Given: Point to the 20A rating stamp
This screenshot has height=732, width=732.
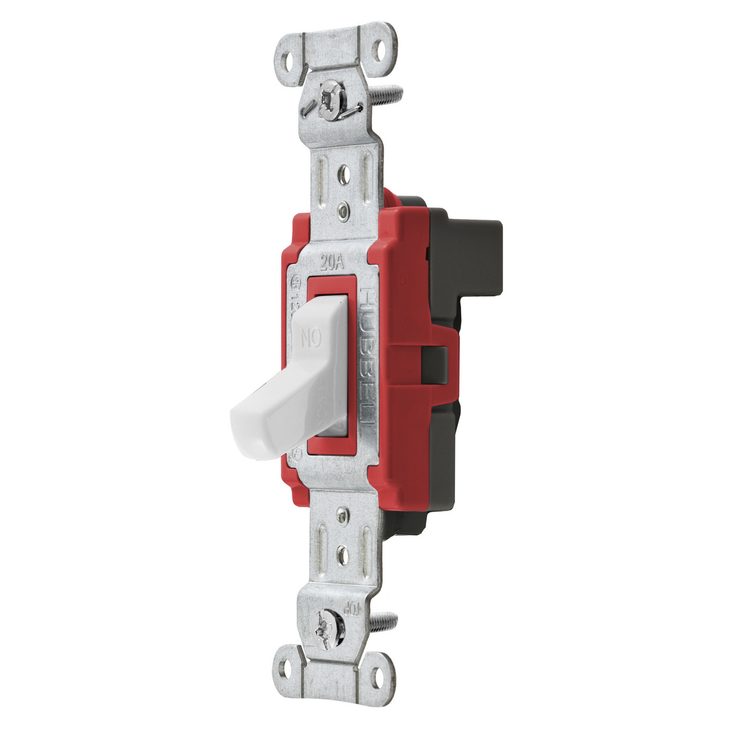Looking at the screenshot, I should (333, 264).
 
